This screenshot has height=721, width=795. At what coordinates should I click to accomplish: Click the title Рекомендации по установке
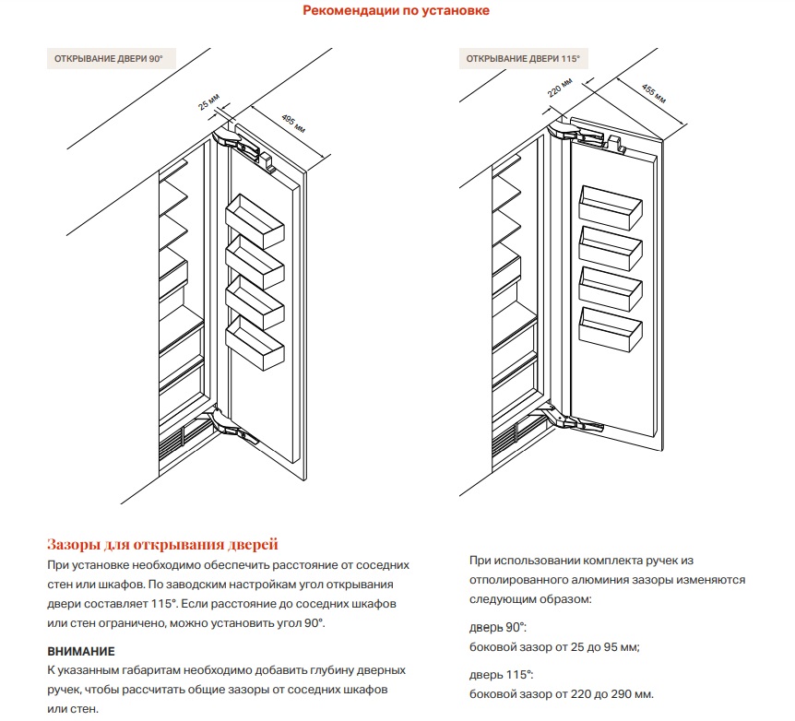tap(397, 11)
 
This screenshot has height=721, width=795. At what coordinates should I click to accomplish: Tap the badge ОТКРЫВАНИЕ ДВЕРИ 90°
tap(111, 59)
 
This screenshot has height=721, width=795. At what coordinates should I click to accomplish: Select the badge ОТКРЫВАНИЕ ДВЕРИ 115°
tap(523, 59)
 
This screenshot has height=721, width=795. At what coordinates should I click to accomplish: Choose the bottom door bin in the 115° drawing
tap(608, 329)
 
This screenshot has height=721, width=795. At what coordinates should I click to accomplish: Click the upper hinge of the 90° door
tap(236, 142)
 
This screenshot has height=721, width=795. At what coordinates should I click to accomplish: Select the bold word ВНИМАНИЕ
tap(81, 651)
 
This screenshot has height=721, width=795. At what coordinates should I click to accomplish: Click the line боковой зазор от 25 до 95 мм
tap(554, 646)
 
